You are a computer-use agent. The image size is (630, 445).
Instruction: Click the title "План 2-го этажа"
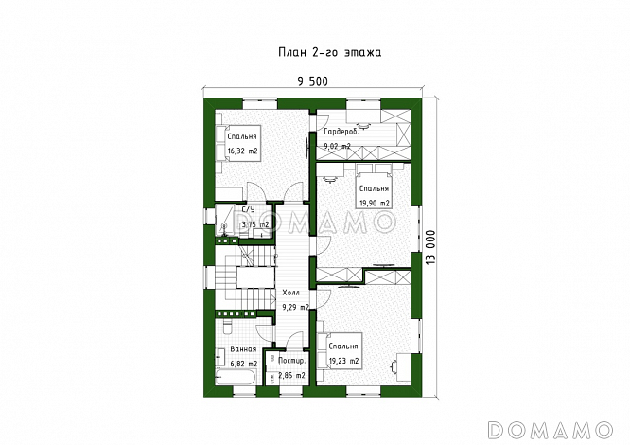pos(330,53)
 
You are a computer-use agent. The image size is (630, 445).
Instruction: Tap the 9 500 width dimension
pos(312,81)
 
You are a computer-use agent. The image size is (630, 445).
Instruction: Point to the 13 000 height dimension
pos(430,247)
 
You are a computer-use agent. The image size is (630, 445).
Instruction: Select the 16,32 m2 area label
pos(242,151)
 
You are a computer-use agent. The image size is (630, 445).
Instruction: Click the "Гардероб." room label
pos(341,132)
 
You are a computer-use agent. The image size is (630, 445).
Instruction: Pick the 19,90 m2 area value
pos(374,203)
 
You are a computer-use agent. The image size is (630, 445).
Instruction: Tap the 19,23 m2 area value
pos(343,361)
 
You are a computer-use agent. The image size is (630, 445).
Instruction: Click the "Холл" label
pos(290,293)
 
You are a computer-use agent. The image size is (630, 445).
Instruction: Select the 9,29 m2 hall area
pos(295,308)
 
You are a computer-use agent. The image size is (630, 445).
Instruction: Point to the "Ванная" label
pos(243,349)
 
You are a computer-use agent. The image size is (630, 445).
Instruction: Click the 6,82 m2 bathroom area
pos(243,364)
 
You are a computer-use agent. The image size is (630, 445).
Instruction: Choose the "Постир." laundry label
pos(291,361)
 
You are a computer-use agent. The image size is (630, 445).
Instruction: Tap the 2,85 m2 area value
pos(291,376)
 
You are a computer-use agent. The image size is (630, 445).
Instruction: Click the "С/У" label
pos(248,209)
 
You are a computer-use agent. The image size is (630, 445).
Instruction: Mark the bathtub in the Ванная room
pos(235,378)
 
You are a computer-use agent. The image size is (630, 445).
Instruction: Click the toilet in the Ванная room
pos(226,327)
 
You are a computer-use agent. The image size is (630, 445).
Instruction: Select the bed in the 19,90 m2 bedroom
pos(374,186)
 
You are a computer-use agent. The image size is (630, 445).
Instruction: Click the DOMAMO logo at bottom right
pos(550,430)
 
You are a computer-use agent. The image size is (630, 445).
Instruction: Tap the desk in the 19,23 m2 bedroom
pos(404,366)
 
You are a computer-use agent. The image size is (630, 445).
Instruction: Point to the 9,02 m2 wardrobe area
pos(337,147)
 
